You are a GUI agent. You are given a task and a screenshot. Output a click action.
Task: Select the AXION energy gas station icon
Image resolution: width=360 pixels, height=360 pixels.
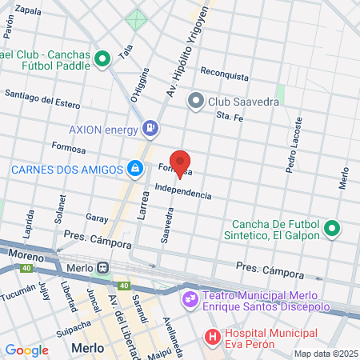coord(150,128)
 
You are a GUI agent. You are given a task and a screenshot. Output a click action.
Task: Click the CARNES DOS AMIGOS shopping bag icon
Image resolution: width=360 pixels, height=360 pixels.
coord(135,169)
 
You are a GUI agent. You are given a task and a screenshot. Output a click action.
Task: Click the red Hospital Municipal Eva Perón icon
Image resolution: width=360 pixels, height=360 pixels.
coord(212,338)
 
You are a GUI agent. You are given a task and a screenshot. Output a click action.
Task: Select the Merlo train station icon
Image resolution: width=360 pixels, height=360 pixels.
coord(103,266)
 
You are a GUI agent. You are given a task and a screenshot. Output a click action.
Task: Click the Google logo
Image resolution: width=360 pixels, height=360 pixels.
coord(26,350)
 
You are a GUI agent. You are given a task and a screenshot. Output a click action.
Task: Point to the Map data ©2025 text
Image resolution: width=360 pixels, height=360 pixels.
coord(326,353)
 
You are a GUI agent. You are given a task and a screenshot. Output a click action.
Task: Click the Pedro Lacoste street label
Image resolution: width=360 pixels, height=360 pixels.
coord(294,145)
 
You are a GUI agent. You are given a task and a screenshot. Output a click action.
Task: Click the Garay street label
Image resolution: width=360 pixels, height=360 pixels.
coord(96,218)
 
